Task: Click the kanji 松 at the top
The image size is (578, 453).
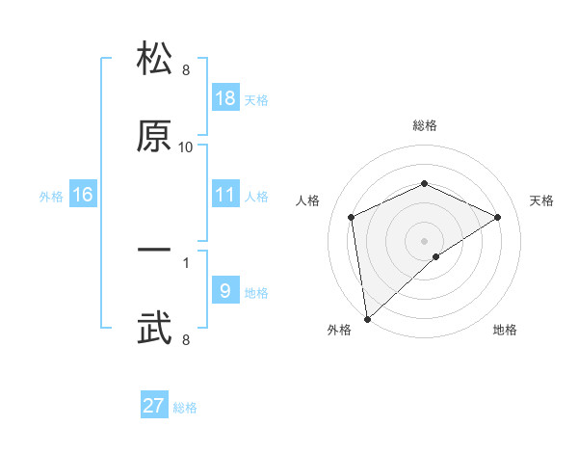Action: [x=155, y=60]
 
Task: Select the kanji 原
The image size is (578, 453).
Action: [x=155, y=136]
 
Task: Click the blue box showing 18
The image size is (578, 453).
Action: [x=225, y=98]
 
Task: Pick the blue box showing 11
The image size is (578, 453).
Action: [x=225, y=195]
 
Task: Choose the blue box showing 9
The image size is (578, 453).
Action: [x=225, y=291]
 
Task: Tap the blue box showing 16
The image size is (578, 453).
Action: [x=83, y=195]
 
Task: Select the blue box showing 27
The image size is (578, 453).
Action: [x=154, y=406]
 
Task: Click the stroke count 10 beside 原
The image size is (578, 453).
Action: [x=186, y=147]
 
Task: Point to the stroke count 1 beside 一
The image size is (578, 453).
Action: [x=186, y=261]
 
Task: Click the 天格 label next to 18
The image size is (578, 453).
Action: [x=256, y=100]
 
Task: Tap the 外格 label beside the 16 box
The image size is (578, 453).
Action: [x=51, y=197]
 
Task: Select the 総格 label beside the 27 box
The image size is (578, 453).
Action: [x=185, y=408]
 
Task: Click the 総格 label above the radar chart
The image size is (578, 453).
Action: [x=425, y=125]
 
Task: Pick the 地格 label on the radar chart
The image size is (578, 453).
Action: [x=505, y=330]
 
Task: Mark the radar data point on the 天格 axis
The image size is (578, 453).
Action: [x=498, y=217]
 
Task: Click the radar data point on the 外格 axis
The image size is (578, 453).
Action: [x=366, y=319]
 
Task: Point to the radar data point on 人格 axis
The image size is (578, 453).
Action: [x=352, y=217]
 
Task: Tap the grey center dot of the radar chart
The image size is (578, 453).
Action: [x=425, y=240]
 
